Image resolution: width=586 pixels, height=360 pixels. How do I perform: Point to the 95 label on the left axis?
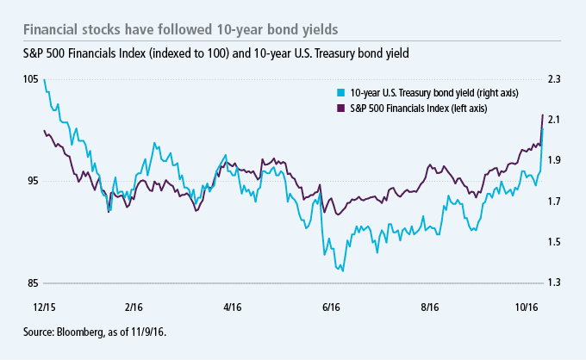coord(31,181)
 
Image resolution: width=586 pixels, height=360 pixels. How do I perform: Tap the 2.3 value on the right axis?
coord(554,79)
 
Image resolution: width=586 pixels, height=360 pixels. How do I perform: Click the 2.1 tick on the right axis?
coord(554,120)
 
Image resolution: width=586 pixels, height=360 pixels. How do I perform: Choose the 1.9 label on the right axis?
coord(554,161)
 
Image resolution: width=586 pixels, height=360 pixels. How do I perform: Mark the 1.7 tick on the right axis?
coord(554,202)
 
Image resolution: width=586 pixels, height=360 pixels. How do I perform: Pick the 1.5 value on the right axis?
coord(554,242)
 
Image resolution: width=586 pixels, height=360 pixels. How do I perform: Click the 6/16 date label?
coord(331,306)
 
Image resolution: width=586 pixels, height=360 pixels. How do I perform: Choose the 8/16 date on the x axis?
coord(428,306)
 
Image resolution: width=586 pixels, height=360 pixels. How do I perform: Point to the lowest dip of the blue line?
coord(343,270)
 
